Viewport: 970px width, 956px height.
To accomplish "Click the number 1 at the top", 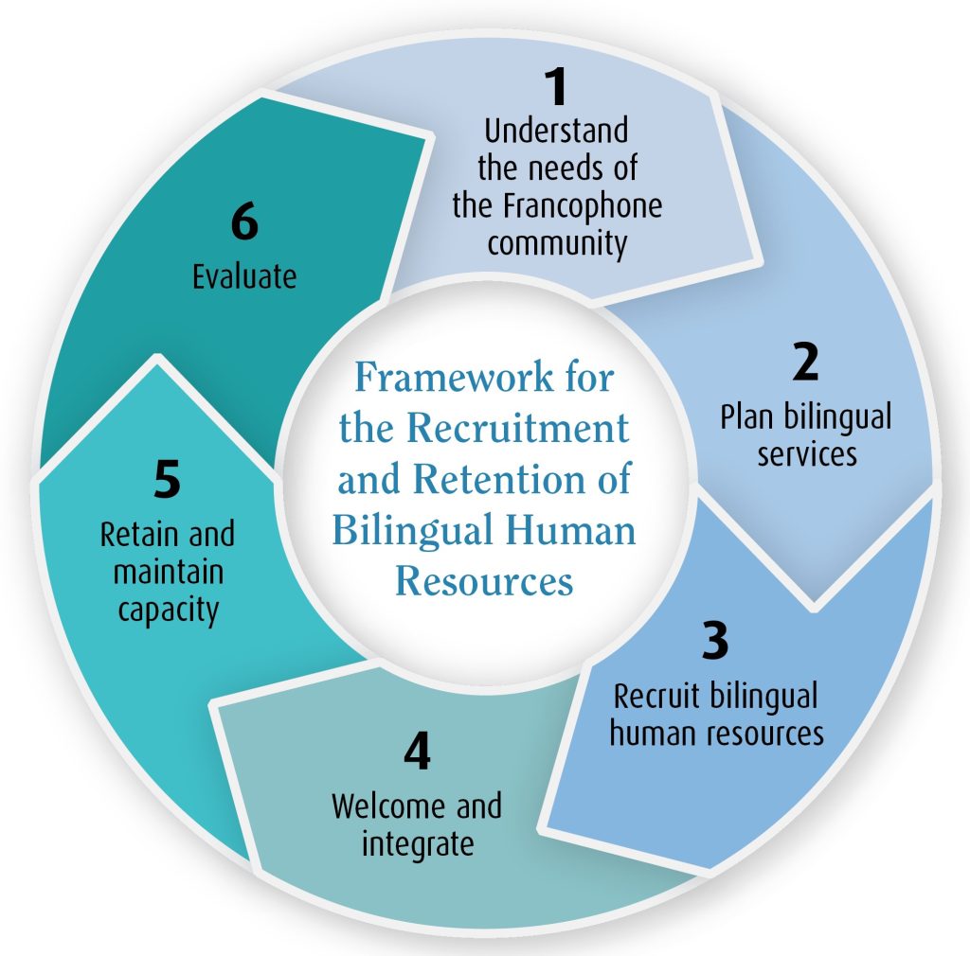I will pos(557,87).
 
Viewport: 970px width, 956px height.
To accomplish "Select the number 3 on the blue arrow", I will pos(715,641).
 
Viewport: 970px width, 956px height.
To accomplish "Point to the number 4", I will pos(416,752).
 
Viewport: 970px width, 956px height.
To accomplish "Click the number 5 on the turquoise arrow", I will pos(166,481).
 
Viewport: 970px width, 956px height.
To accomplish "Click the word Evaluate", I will pos(244,276).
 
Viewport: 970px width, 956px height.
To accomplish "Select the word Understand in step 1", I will pos(556,130).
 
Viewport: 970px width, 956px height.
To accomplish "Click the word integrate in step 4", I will pos(417,842).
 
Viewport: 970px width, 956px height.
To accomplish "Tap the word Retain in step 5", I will pos(134,536).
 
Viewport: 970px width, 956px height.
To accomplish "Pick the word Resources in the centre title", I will pos(484,579).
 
